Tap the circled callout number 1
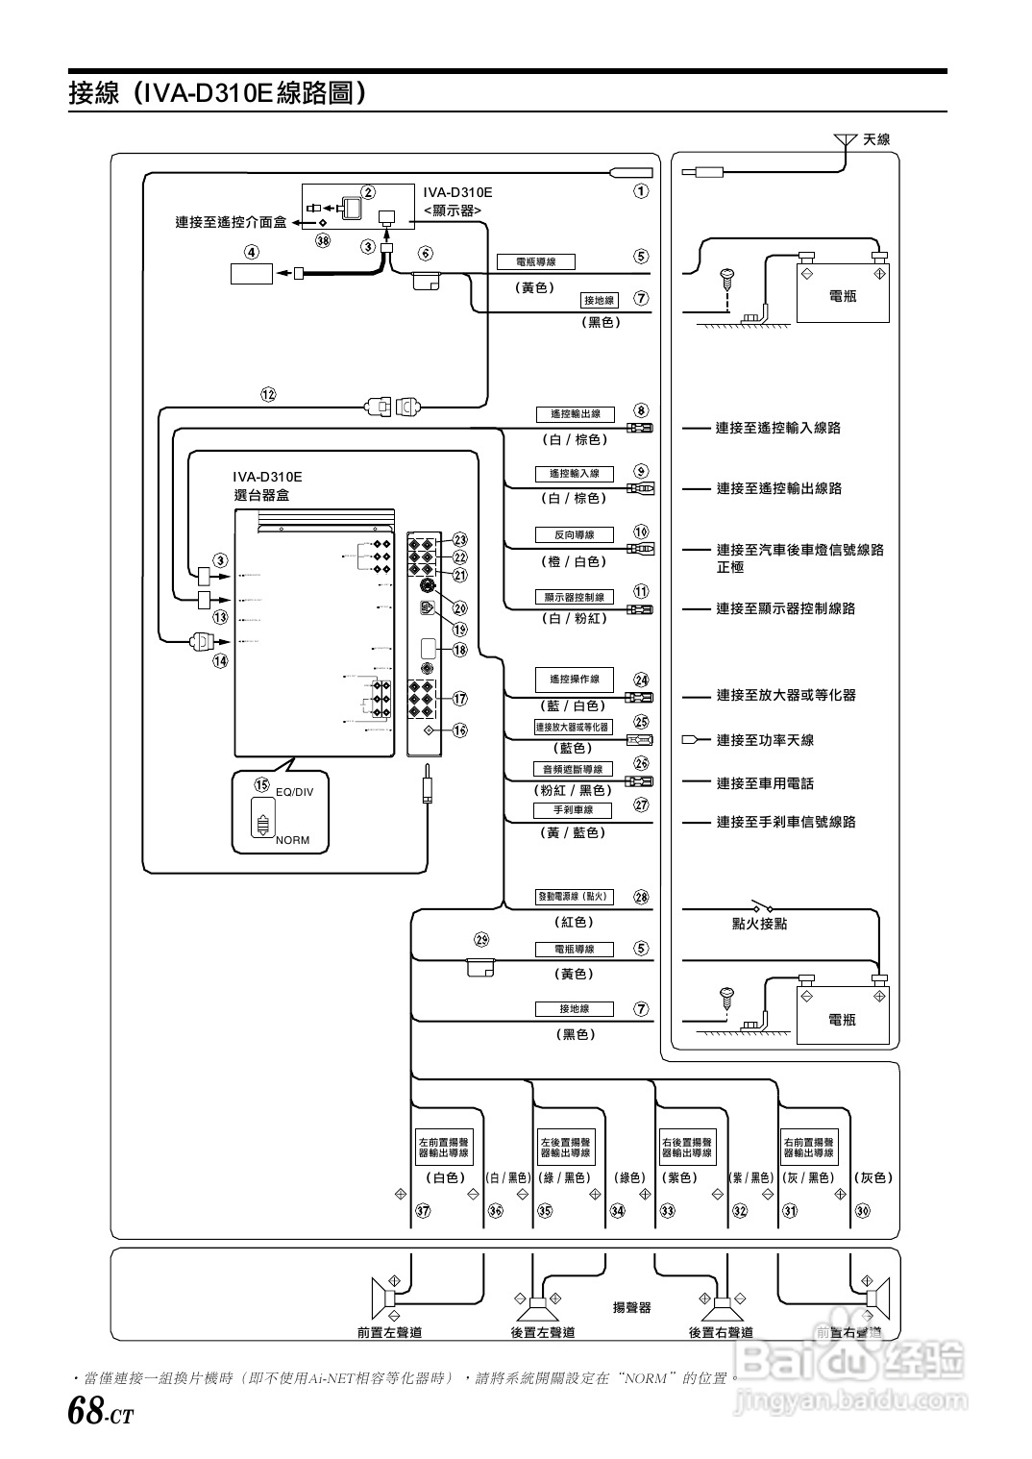click(x=640, y=191)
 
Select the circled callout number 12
click(x=268, y=394)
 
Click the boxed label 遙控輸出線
click(x=575, y=414)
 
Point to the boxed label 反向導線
click(x=575, y=535)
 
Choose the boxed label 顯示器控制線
click(x=575, y=597)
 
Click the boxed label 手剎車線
click(x=575, y=809)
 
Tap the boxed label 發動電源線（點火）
click(x=574, y=897)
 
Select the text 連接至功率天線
click(x=765, y=740)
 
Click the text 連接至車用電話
click(x=765, y=783)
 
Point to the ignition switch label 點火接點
click(x=759, y=924)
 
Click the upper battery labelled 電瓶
click(x=842, y=289)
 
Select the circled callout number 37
click(x=423, y=1211)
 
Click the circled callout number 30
click(x=862, y=1211)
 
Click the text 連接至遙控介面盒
click(x=231, y=223)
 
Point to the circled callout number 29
click(x=481, y=939)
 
